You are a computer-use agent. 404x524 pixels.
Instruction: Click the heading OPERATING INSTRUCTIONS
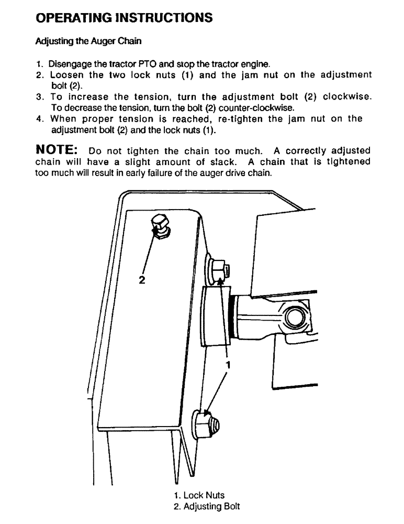click(124, 18)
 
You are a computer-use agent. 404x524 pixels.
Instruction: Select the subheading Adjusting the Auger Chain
click(88, 40)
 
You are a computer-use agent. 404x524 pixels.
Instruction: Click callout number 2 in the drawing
click(141, 279)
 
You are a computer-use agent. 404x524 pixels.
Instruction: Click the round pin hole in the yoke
click(294, 316)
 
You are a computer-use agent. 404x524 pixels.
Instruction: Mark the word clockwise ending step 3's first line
click(347, 97)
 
